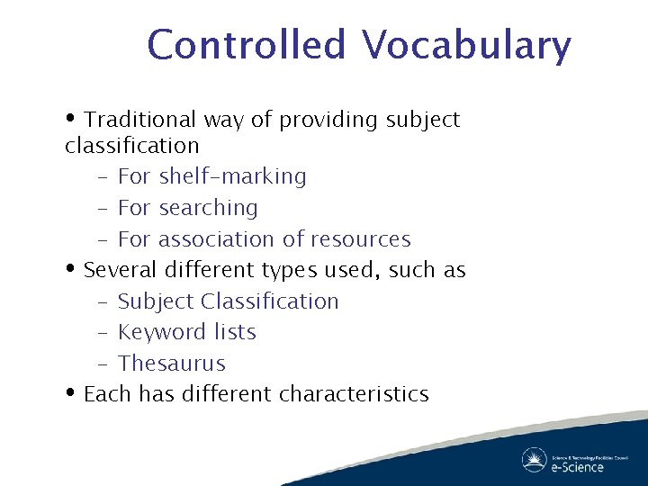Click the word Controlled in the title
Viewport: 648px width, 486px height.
click(x=246, y=46)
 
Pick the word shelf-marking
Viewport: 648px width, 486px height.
click(x=232, y=176)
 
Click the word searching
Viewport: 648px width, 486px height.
click(x=208, y=208)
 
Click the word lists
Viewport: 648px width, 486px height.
click(x=235, y=332)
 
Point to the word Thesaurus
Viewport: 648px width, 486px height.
click(x=172, y=364)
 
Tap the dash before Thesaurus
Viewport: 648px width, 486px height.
click(x=102, y=364)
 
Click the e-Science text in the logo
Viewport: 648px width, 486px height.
click(x=577, y=466)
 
